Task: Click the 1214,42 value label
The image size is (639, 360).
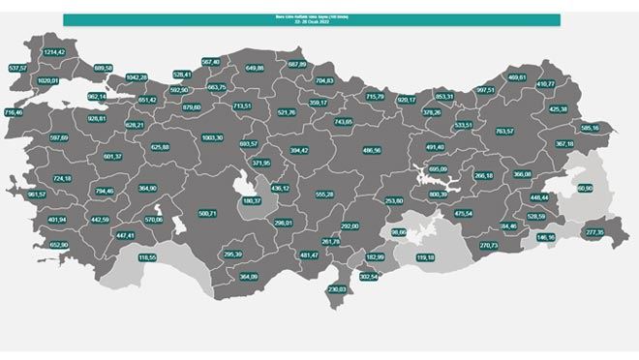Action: pyautogui.click(x=53, y=51)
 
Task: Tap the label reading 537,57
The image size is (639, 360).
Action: pyautogui.click(x=17, y=68)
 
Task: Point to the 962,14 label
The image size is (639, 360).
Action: pyautogui.click(x=97, y=97)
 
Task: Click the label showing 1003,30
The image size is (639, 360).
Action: pyautogui.click(x=212, y=137)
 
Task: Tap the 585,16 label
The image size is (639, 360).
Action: pyautogui.click(x=591, y=128)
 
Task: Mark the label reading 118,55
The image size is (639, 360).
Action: pyautogui.click(x=147, y=257)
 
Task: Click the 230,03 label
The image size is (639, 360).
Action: pyautogui.click(x=337, y=289)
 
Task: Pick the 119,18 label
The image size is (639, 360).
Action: pyautogui.click(x=425, y=257)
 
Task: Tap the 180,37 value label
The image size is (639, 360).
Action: pyautogui.click(x=252, y=200)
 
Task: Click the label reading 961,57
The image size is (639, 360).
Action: pyautogui.click(x=38, y=195)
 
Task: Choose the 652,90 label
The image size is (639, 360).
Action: pyautogui.click(x=59, y=245)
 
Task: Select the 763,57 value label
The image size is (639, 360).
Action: pyautogui.click(x=503, y=131)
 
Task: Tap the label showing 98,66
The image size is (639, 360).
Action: pyautogui.click(x=399, y=232)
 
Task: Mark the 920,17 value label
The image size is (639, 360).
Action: pyautogui.click(x=407, y=99)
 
